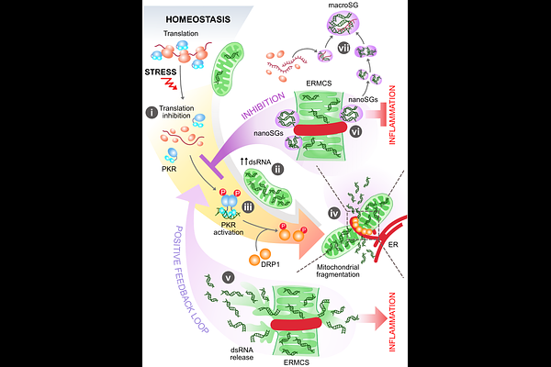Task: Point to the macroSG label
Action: pos(342,7)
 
